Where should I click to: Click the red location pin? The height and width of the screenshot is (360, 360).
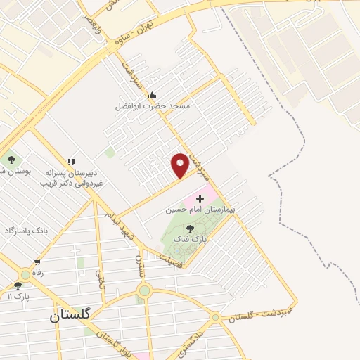pos(181,165)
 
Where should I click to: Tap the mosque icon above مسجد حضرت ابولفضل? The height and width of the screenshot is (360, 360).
pos(152,96)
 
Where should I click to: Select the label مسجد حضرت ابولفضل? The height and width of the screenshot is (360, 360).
pos(153,107)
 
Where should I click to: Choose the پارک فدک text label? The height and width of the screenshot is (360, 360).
pos(189,239)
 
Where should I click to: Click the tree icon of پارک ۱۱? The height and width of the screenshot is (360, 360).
pos(18,285)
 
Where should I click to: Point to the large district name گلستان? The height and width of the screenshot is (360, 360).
pos(70,316)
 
